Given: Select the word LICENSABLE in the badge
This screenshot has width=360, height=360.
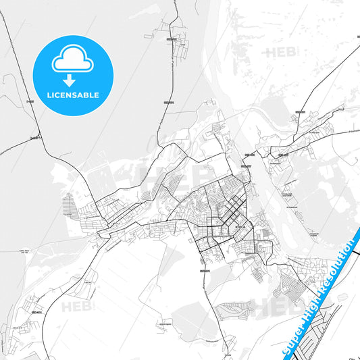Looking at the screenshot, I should click(73, 95).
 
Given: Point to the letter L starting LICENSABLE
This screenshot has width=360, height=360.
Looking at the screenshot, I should click(49, 95).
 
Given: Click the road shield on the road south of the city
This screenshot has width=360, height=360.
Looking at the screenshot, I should click(204, 271).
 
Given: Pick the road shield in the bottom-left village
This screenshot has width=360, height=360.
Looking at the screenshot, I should click(35, 313).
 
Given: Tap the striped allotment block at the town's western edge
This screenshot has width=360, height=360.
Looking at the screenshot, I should click(70, 203).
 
